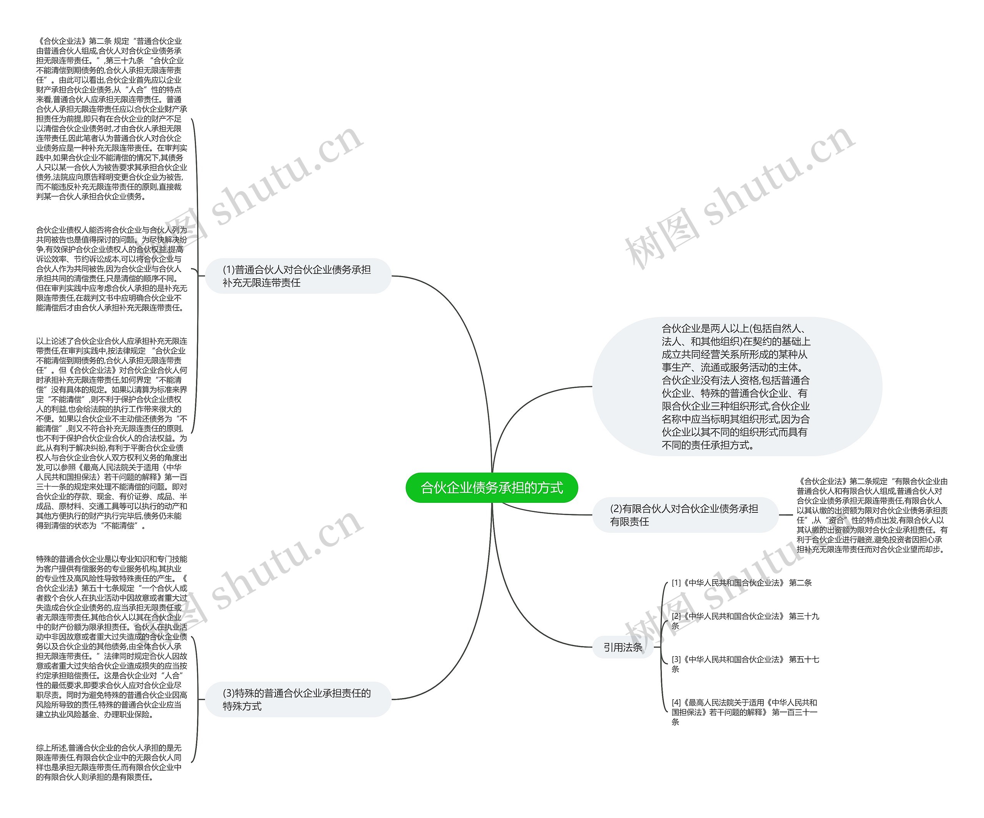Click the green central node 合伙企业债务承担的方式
coord(492,488)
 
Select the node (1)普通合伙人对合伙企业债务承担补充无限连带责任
coord(298,276)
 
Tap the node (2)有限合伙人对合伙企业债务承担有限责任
coord(685,515)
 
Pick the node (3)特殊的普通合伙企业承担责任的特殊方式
coord(298,700)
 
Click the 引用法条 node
coord(623,647)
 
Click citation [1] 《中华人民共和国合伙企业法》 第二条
coord(741,583)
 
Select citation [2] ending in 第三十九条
coord(745,621)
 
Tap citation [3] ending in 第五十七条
coord(745,664)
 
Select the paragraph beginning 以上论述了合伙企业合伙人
coord(111,433)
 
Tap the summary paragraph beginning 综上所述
coord(109,762)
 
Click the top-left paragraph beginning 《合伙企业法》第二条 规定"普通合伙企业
coord(111,118)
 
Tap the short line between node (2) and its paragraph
coord(786,515)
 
